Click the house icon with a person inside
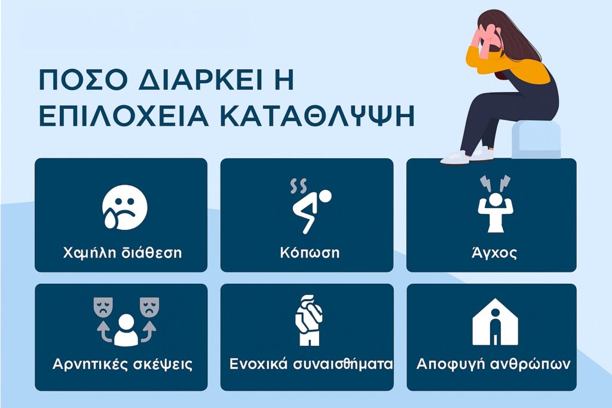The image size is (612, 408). click(x=495, y=322)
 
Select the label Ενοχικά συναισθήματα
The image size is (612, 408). click(x=311, y=364)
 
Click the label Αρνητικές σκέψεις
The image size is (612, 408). click(x=123, y=364)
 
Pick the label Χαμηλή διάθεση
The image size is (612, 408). click(x=123, y=253)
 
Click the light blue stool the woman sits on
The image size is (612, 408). click(x=537, y=140)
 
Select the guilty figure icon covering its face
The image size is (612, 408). click(x=308, y=320)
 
